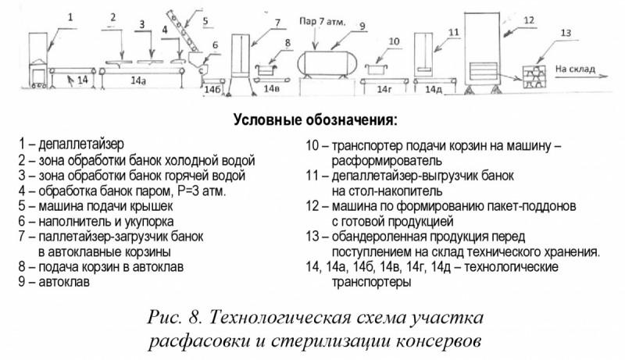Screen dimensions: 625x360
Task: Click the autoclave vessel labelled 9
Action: [329, 64]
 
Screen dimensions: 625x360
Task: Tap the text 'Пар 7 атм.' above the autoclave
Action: [322, 22]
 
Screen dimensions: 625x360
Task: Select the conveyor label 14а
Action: [138, 81]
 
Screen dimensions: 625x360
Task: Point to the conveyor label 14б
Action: [212, 90]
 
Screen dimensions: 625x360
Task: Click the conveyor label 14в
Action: [271, 88]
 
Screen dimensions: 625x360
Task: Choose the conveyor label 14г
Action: [384, 90]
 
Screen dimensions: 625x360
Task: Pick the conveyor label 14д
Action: [434, 90]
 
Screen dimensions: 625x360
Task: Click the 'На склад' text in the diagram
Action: [575, 70]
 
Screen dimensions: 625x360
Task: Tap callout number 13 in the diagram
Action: [566, 33]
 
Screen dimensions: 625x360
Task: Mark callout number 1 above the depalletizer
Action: [70, 17]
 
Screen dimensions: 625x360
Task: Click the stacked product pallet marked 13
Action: [534, 77]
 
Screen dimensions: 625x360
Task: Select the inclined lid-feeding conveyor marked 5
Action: [181, 30]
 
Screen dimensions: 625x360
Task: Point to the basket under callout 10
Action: [377, 69]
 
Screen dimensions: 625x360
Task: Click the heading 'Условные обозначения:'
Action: [316, 119]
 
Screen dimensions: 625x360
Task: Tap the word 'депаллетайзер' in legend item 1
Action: [81, 144]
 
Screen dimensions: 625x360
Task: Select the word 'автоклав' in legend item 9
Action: [64, 282]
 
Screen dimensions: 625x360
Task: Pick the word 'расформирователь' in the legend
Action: [387, 162]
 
